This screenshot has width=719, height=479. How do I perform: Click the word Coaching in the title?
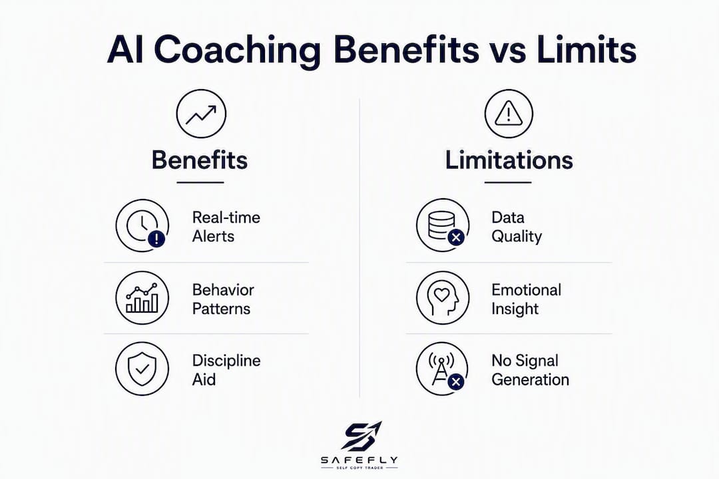[x=236, y=51]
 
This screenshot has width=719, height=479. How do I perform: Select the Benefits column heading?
[x=200, y=160]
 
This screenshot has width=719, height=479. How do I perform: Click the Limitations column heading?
[x=509, y=160]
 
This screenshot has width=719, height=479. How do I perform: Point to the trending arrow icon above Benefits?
[x=201, y=114]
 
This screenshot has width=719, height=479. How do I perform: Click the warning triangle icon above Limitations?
[x=509, y=114]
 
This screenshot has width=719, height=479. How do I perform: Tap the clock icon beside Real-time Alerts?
[x=142, y=226]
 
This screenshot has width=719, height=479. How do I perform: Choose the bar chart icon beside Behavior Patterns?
[x=142, y=298]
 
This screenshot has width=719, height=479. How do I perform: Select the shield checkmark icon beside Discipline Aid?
[x=142, y=369]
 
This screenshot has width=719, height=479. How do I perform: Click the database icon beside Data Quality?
[x=443, y=226]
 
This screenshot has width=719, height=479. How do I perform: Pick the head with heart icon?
[x=443, y=298]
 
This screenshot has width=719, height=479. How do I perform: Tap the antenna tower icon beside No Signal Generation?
[x=442, y=369]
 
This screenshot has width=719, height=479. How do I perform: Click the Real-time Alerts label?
[x=226, y=226]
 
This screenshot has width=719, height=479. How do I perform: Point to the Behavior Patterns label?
[x=223, y=299]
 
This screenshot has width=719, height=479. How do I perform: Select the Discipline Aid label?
[x=226, y=370]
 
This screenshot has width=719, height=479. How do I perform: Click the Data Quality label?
[x=517, y=226]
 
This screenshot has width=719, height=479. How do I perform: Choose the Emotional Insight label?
[x=527, y=299]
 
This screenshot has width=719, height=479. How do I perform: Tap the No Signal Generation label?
[x=530, y=370]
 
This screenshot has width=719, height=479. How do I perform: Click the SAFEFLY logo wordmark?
[x=359, y=460]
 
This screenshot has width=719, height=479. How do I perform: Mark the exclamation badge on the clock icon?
[x=157, y=239]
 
